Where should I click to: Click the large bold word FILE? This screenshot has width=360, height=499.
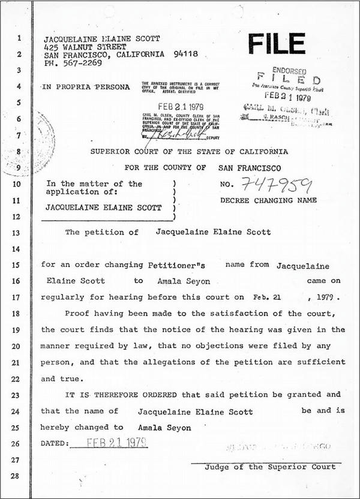click(x=277, y=44)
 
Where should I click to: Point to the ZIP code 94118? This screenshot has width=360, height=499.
click(x=178, y=54)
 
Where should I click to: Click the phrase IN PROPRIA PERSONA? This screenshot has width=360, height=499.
click(x=86, y=87)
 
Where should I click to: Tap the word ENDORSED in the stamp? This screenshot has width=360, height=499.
click(x=289, y=70)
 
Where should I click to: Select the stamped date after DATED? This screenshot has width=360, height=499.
click(x=118, y=443)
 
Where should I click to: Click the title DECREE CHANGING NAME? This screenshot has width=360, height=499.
click(x=268, y=200)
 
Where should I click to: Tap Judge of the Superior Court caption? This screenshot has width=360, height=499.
click(x=270, y=467)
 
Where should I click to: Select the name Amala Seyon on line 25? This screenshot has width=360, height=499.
click(x=164, y=428)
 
